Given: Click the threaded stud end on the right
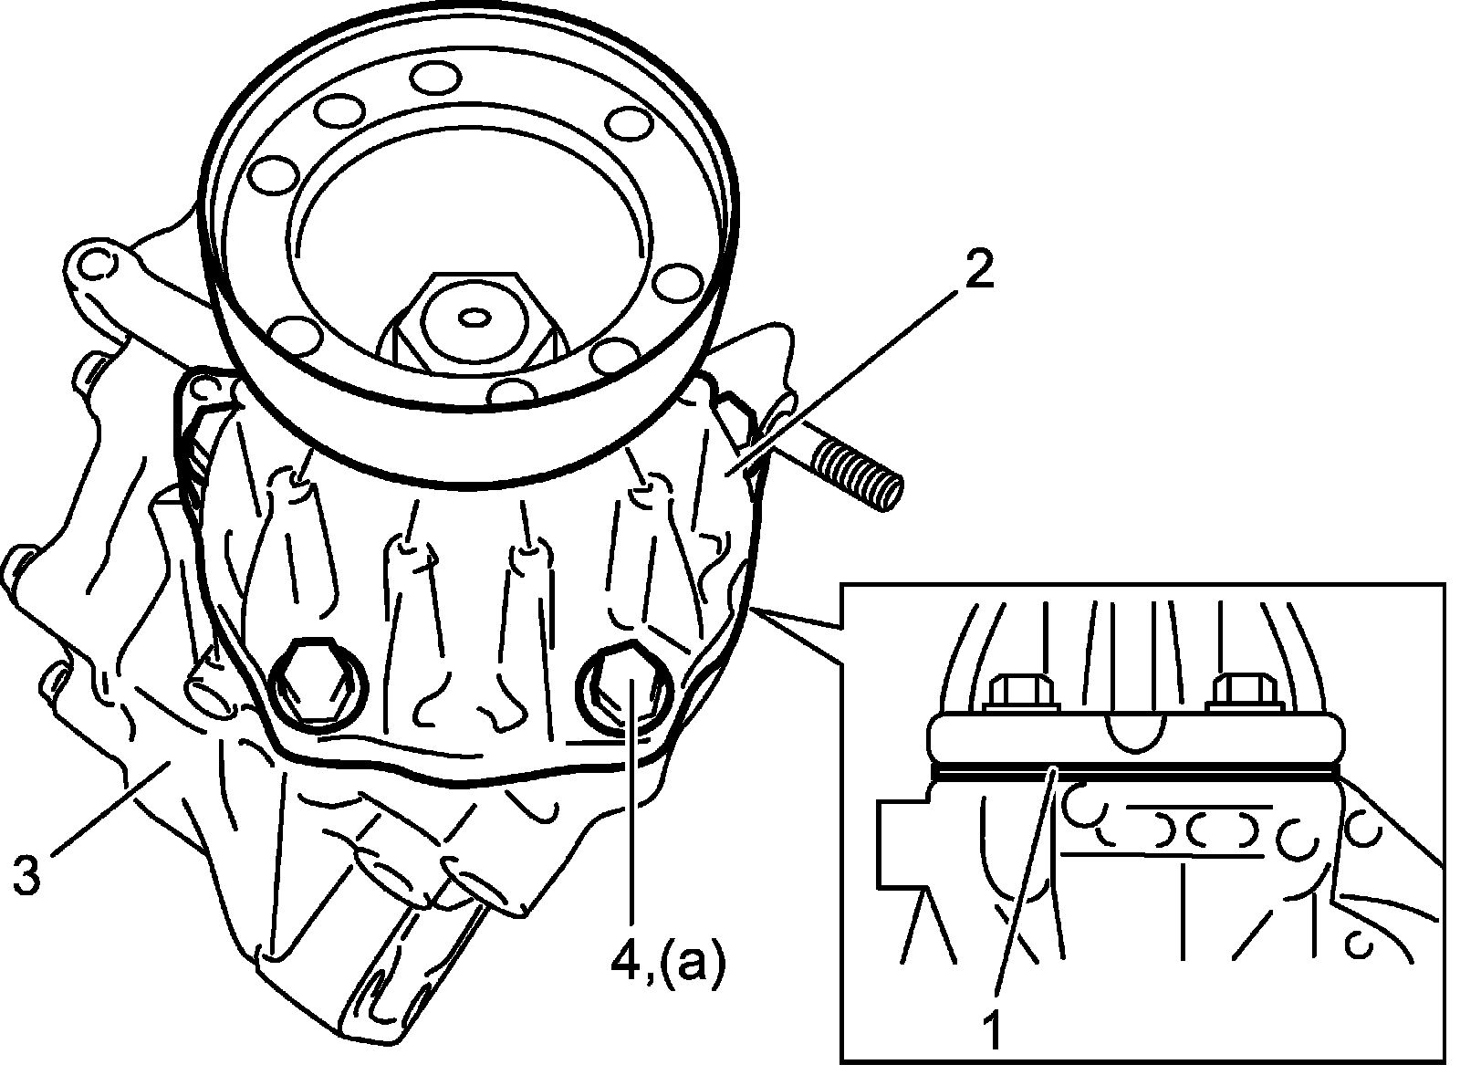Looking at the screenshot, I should (862, 474).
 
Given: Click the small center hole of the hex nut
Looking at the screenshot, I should (474, 318).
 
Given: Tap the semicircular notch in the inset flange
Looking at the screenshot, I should (1136, 730).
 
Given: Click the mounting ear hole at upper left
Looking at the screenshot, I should (95, 265).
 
